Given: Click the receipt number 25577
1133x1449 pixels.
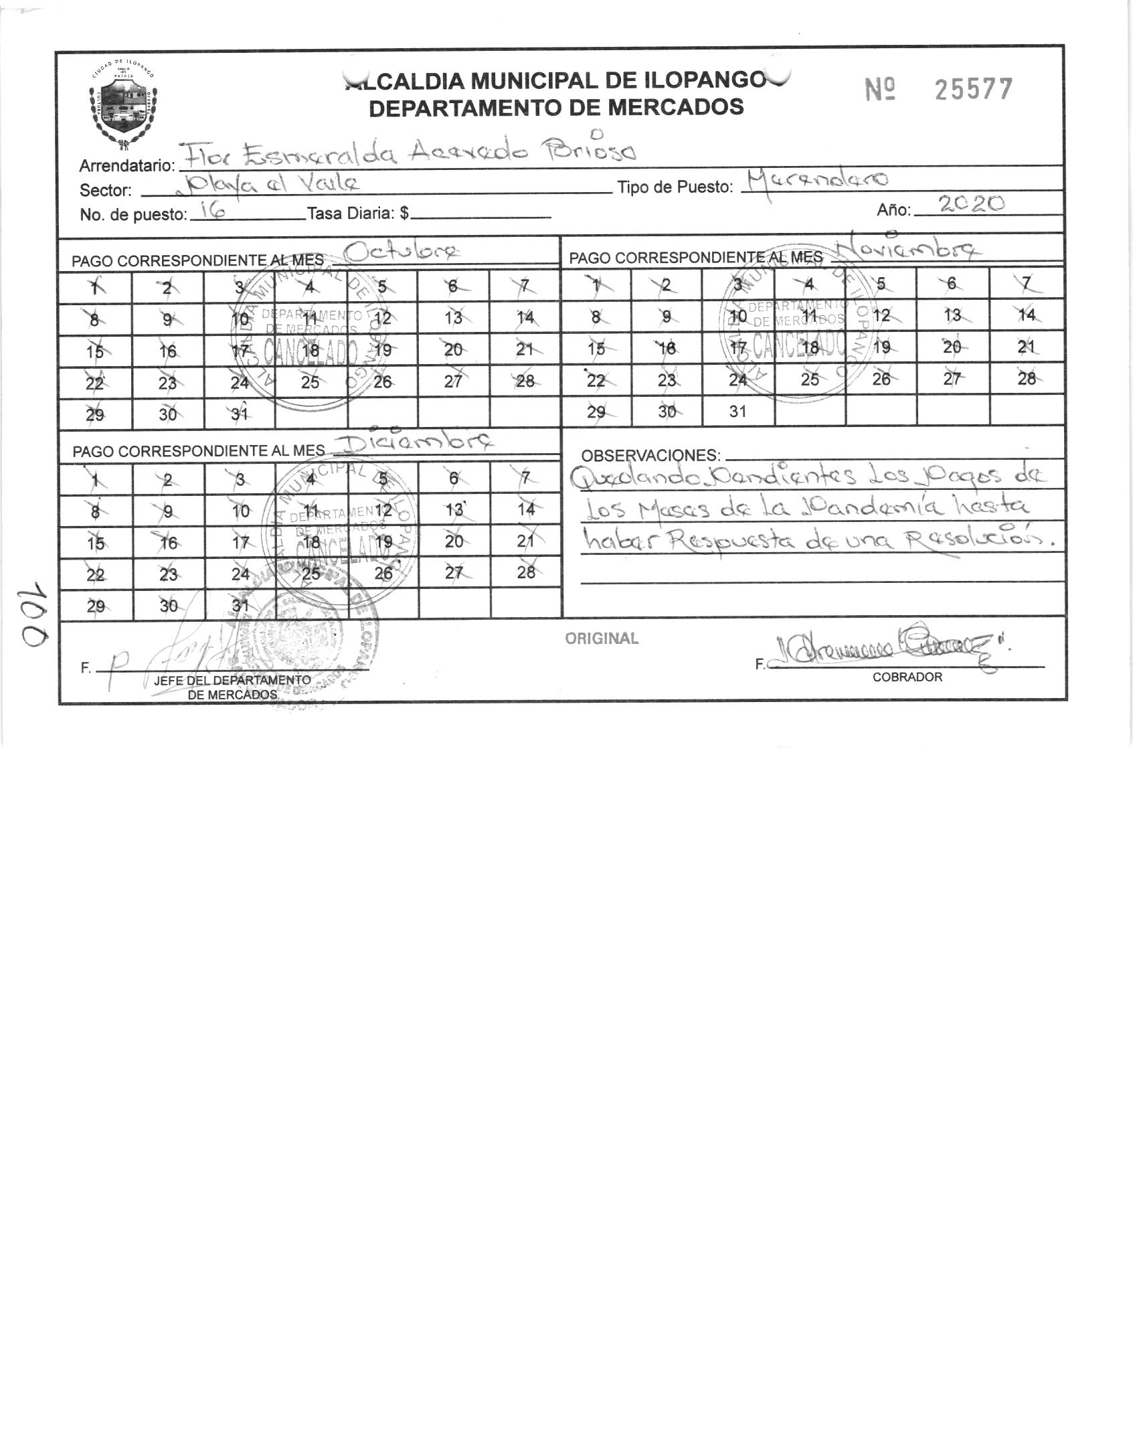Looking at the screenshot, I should point(973,89).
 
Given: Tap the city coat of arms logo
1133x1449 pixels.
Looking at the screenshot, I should point(122,105).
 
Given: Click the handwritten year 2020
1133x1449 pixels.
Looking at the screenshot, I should point(972,205).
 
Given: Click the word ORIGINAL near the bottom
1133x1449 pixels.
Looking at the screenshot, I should point(602,638).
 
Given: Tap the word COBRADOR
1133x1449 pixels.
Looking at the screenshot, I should point(907,677).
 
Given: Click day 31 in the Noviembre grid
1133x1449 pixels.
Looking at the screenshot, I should point(737,411).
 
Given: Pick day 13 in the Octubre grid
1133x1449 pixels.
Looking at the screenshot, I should point(454,317).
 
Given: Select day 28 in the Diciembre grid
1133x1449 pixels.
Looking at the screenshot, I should point(526,572).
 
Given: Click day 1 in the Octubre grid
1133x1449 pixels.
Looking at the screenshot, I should point(95,287).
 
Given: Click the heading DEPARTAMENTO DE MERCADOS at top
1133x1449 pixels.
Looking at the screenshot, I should point(556,107).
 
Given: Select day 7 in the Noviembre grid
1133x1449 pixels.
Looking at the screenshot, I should point(1026,283).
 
